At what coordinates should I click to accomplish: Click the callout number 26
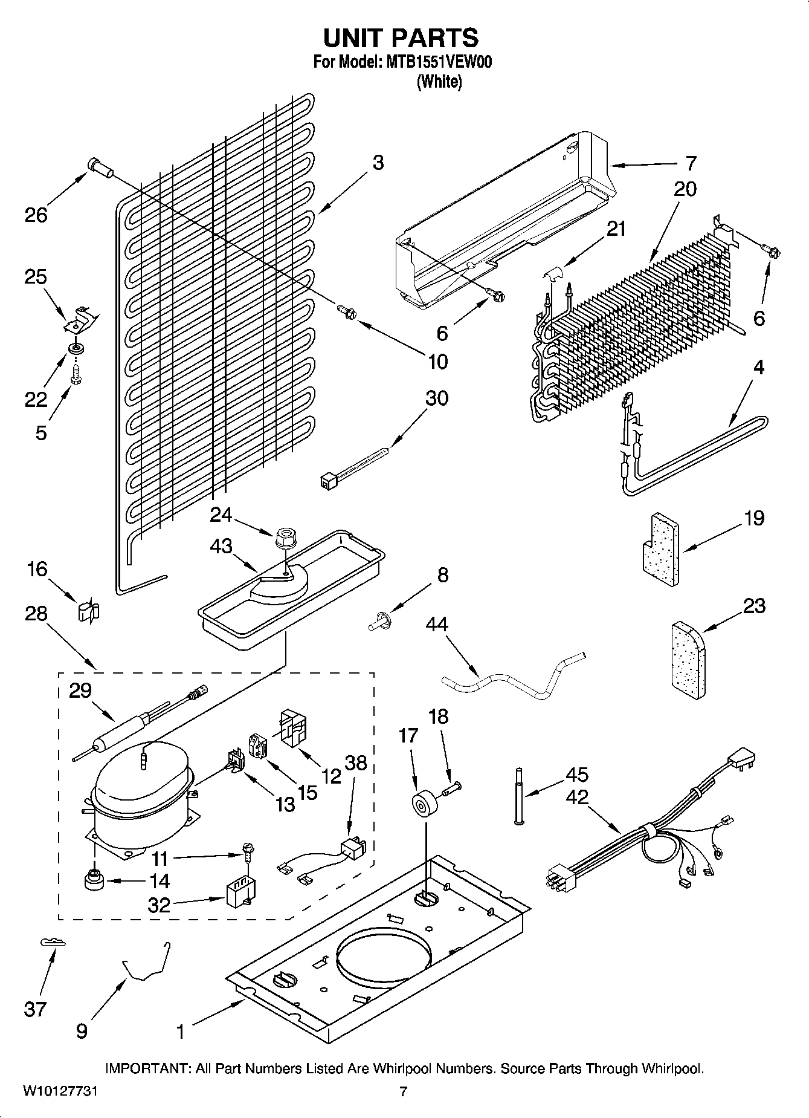36,215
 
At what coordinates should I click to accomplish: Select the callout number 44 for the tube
437,623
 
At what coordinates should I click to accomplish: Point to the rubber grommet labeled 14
94,880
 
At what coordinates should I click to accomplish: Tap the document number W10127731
60,1091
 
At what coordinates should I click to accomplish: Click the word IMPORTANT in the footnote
148,1069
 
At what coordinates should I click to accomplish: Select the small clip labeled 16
88,612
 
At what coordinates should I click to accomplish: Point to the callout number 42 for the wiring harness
577,796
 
